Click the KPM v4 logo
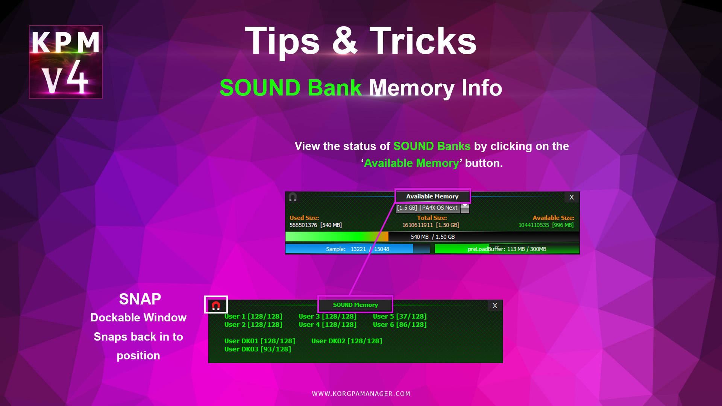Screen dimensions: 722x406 (x=66, y=62)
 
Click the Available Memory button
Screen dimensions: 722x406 (x=432, y=196)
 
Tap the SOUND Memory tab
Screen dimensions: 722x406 (x=355, y=304)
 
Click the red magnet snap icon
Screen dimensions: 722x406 (x=216, y=305)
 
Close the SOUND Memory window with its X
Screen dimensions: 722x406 (x=495, y=306)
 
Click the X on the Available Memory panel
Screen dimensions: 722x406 (x=572, y=197)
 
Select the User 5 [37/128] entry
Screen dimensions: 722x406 (x=400, y=317)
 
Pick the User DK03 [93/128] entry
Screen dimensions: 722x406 (x=258, y=349)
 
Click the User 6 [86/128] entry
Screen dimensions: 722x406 (x=400, y=324)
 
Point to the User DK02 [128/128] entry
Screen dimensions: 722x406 (x=347, y=341)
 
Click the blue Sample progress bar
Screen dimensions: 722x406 (x=357, y=249)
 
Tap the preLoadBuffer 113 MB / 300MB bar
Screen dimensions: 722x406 (x=507, y=249)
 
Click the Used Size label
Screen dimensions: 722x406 (x=304, y=218)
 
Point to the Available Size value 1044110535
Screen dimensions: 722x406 (x=534, y=225)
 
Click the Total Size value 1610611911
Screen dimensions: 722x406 (x=417, y=225)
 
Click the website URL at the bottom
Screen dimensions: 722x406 (x=361, y=394)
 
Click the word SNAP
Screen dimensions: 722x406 (x=140, y=299)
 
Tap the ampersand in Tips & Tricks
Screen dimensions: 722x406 (x=344, y=41)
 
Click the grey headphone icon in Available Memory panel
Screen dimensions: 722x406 (x=293, y=197)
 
